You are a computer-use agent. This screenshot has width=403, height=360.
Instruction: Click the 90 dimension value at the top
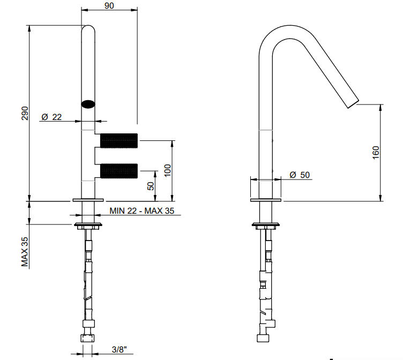(x=109, y=5)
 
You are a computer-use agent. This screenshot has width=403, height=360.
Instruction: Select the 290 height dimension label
(x=25, y=113)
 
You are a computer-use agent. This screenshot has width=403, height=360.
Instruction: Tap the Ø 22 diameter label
(x=51, y=117)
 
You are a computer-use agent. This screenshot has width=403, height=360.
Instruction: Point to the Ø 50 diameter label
(x=300, y=175)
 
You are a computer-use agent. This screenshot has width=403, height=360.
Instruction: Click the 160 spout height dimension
(x=376, y=153)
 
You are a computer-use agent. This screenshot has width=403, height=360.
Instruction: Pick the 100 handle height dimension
(x=167, y=170)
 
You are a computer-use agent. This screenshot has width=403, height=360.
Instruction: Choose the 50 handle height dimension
(x=151, y=186)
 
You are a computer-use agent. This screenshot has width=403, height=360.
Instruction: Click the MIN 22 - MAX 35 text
(x=142, y=211)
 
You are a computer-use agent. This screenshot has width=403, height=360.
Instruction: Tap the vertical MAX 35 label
(x=25, y=252)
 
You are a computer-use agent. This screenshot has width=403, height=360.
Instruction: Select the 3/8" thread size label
(x=120, y=349)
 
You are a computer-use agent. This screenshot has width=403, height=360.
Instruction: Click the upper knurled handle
(x=119, y=140)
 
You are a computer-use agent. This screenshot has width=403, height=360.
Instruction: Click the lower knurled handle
(x=119, y=170)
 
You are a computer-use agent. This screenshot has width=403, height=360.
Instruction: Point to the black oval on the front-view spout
(x=88, y=104)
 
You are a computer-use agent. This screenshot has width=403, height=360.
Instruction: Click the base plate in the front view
(x=88, y=200)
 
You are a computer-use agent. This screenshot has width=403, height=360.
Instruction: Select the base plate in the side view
(x=266, y=200)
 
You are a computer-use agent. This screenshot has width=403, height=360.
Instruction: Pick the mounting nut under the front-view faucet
(x=88, y=226)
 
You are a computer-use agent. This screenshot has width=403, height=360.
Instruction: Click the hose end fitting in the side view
(x=263, y=338)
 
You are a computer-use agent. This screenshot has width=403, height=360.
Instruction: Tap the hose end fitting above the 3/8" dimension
(x=88, y=338)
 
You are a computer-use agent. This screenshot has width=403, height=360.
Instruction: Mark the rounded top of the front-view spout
(x=88, y=28)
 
